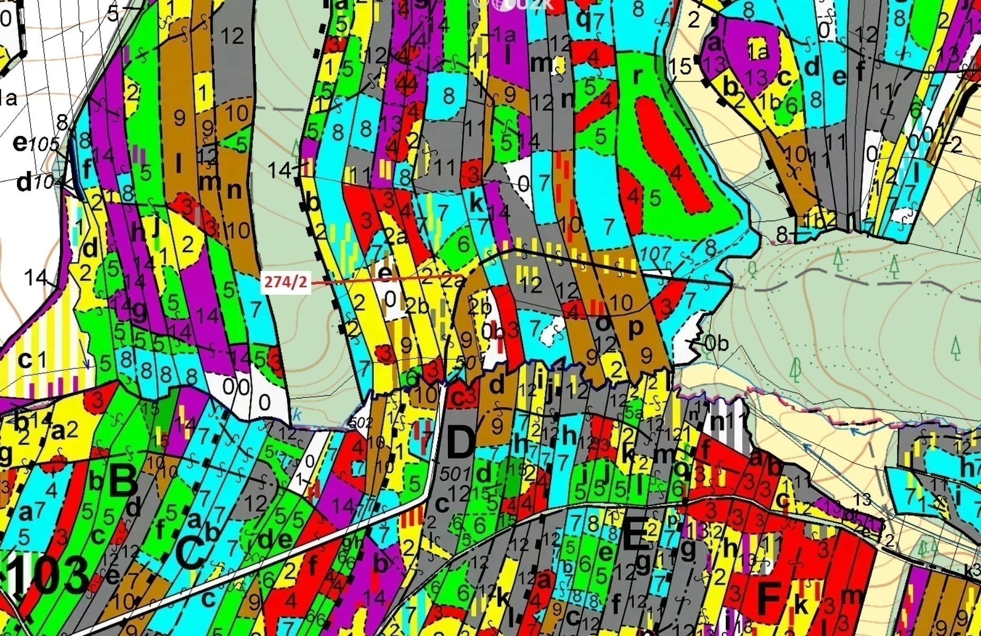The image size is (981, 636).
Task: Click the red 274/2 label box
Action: [285, 282]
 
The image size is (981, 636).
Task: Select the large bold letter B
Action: [123, 480]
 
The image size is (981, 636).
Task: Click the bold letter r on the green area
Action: [637, 76]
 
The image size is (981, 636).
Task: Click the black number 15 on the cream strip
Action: [680, 67]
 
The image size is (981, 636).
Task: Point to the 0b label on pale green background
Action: [716, 343]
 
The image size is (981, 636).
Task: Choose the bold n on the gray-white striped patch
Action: [717, 422]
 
